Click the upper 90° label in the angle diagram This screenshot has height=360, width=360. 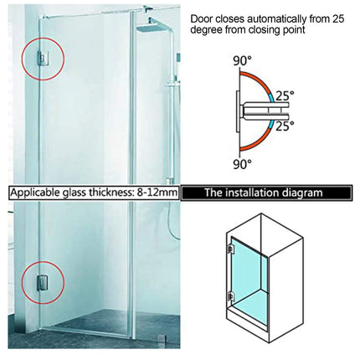point(243,61)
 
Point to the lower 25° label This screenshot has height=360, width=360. point(286,126)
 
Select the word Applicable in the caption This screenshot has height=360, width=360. point(37,193)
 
